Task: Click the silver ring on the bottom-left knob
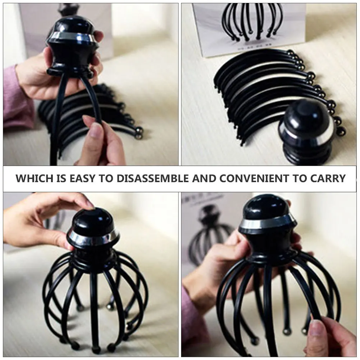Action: (94, 237)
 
